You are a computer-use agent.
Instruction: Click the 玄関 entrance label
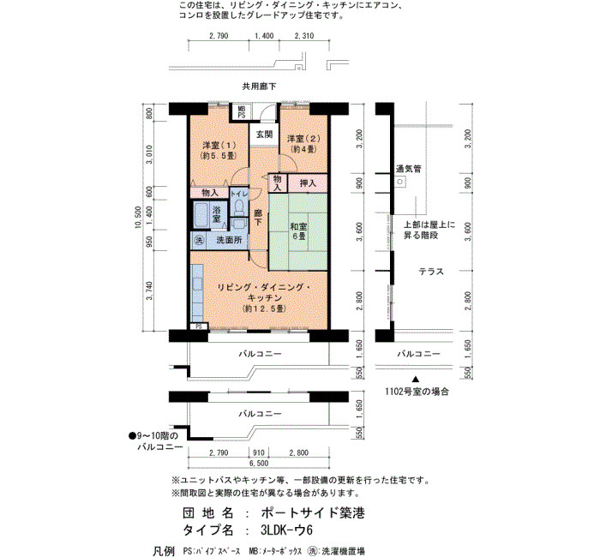coord(264,135)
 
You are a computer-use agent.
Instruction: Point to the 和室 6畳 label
coord(299,231)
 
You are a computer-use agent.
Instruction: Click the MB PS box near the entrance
coord(241,111)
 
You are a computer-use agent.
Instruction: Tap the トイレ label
coord(239,194)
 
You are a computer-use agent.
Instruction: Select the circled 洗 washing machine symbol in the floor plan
coord(199,240)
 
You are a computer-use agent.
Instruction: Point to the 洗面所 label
coord(229,240)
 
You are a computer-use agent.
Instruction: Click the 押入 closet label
coord(308,183)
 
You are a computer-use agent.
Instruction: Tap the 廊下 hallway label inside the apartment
coord(258,217)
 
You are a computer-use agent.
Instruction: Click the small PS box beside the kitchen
coord(199,326)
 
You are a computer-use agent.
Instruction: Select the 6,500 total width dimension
coord(259,464)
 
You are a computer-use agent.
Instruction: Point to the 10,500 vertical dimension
coord(138,218)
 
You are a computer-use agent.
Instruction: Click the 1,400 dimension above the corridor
coord(264,36)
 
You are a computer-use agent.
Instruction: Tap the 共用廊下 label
coord(259,87)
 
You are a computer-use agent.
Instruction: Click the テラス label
coord(431,272)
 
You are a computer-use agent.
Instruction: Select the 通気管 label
coord(409,168)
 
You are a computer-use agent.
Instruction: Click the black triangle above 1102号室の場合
coord(416,380)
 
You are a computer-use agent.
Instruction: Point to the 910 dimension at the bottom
coord(259,452)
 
